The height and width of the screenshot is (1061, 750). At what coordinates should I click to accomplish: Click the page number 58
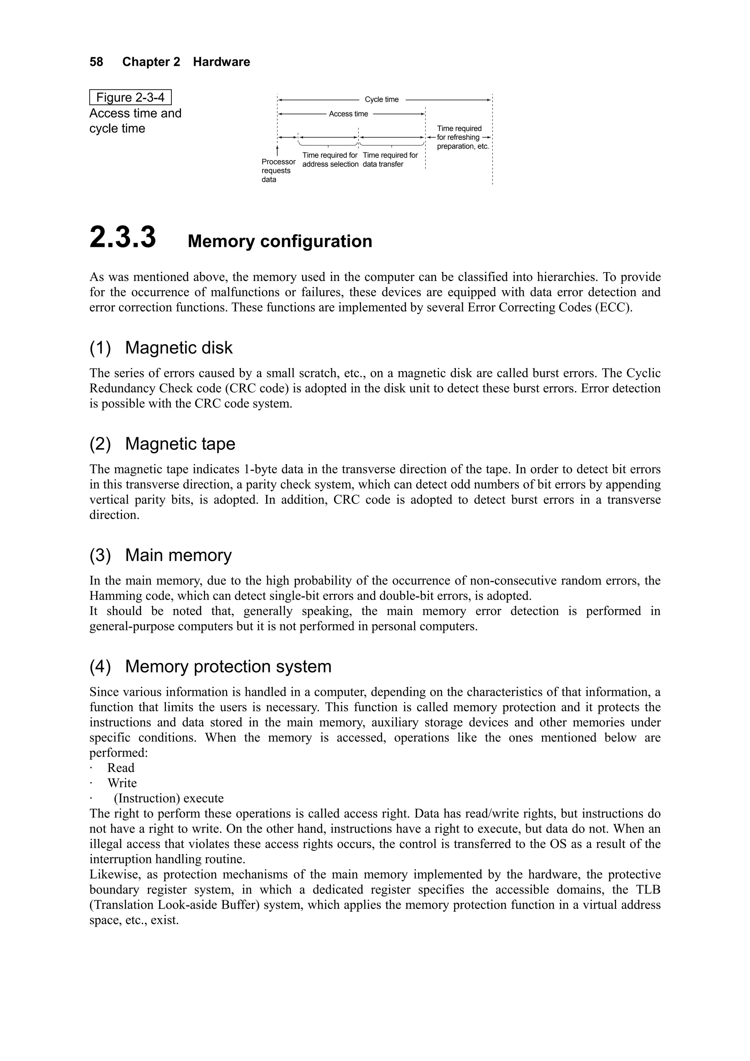(x=96, y=62)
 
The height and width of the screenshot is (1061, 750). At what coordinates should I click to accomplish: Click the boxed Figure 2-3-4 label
(x=130, y=97)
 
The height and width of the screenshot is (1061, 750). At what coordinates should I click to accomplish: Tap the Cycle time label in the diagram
(x=381, y=99)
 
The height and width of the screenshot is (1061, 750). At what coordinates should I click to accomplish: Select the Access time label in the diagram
(x=348, y=114)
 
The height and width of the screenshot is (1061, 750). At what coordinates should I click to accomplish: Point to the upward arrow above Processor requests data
(x=277, y=151)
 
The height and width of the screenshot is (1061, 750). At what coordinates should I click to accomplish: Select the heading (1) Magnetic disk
(x=161, y=348)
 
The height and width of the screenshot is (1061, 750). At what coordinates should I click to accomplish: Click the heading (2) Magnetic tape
(x=162, y=444)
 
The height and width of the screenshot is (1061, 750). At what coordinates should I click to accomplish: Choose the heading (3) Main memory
(x=160, y=555)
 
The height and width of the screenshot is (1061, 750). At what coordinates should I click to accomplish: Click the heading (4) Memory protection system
(x=210, y=666)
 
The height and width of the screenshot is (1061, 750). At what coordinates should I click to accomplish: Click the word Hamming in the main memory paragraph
(x=109, y=596)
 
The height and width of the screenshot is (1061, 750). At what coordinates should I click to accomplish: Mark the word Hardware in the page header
(x=221, y=62)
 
